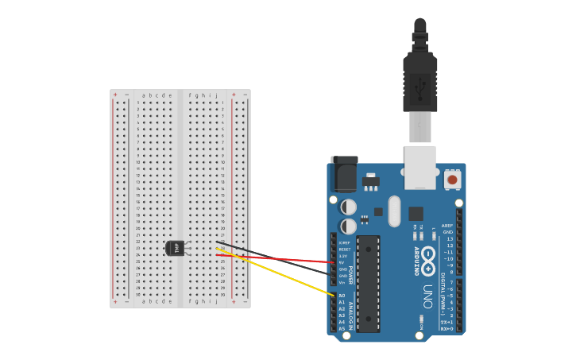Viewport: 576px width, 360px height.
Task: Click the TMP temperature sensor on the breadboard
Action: tap(176, 248)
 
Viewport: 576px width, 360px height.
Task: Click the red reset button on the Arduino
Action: tap(452, 180)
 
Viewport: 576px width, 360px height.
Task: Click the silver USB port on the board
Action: tap(420, 166)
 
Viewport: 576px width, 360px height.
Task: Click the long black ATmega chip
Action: tap(368, 283)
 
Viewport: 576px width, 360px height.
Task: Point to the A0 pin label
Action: tap(342, 296)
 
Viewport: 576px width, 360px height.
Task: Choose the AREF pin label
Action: tap(447, 226)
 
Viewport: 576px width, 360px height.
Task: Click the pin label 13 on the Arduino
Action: tap(450, 238)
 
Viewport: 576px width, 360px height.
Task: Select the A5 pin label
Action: tap(342, 328)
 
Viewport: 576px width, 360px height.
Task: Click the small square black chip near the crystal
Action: tap(416, 213)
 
